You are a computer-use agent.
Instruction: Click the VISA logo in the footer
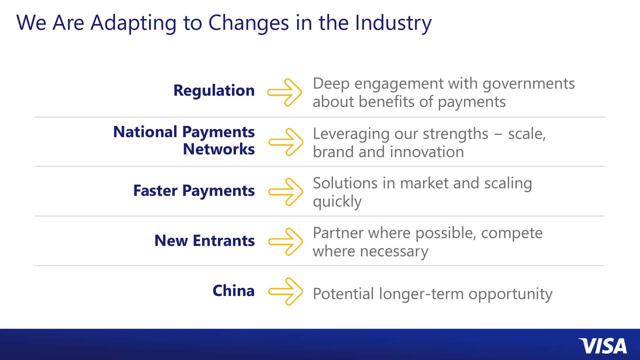602,346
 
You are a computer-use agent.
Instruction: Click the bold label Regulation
213,90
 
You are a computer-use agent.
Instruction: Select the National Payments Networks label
184,140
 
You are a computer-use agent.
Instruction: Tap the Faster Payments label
193,190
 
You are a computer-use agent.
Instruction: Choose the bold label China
233,290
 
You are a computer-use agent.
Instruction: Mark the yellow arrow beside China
285,291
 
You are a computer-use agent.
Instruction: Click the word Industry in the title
393,23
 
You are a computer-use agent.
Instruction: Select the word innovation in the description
426,151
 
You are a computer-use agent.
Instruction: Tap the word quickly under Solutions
336,201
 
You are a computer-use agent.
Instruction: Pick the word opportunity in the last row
510,294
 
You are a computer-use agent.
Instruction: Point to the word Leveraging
350,134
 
